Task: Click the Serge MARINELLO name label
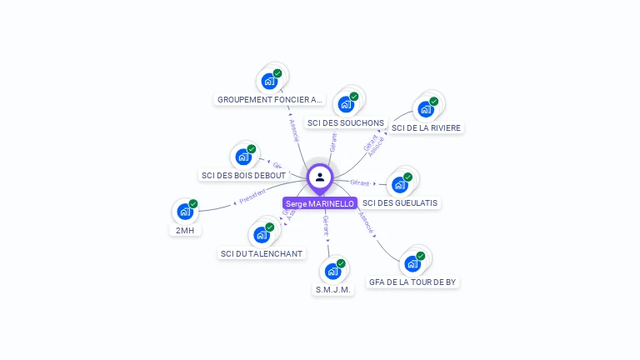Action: (x=320, y=203)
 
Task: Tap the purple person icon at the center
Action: (x=320, y=177)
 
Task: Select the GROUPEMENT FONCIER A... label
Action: (x=269, y=100)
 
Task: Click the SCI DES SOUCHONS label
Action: (x=345, y=122)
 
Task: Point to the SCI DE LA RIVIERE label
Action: (x=426, y=127)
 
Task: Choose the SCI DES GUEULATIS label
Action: (x=400, y=202)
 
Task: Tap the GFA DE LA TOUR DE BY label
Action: (x=412, y=282)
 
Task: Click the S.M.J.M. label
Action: (x=333, y=289)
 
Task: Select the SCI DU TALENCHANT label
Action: (x=262, y=253)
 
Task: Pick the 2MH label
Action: (x=185, y=229)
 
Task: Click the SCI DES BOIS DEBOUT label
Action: (x=243, y=175)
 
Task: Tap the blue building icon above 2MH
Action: (x=185, y=212)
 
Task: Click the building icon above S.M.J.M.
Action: (x=332, y=271)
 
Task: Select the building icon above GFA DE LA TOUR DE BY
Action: (x=412, y=264)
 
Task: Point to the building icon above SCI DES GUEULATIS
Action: (x=400, y=185)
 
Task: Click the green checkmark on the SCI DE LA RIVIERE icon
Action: (x=434, y=100)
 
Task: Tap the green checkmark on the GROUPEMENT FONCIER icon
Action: (x=277, y=73)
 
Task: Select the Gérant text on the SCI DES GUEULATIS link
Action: (x=359, y=182)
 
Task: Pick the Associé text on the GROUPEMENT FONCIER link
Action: (x=292, y=129)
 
